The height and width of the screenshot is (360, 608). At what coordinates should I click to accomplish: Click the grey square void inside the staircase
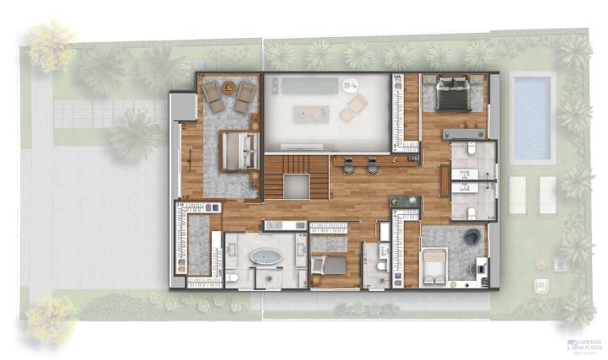click(x=295, y=186)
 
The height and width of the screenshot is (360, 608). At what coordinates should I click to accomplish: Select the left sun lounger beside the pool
click(x=517, y=195)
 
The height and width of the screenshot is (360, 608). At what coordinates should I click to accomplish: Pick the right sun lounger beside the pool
click(x=547, y=195)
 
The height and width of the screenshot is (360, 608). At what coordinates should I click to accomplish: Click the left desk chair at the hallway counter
click(x=349, y=166)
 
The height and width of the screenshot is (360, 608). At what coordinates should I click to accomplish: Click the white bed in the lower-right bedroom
click(x=434, y=265)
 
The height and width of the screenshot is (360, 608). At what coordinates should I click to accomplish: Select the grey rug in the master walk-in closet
click(x=199, y=244)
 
